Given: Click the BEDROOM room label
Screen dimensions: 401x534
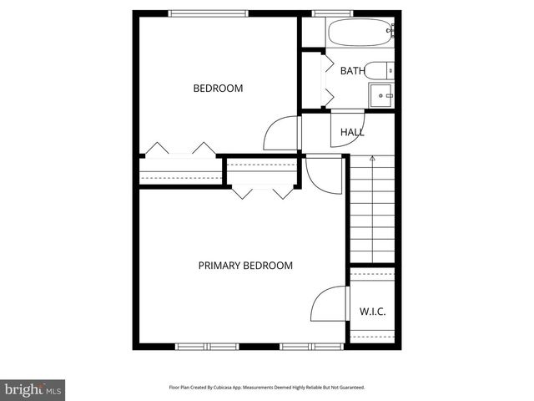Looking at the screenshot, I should tap(218, 89).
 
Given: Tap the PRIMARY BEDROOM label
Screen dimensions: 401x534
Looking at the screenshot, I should tap(245, 266).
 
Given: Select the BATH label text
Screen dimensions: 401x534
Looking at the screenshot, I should tap(351, 71).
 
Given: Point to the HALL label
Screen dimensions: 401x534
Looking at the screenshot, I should tap(352, 132).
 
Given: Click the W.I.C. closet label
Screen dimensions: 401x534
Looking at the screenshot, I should tap(372, 312).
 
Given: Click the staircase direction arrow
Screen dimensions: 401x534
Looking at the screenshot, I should tap(372, 158).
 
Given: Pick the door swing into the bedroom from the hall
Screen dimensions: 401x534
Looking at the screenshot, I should tap(281, 134).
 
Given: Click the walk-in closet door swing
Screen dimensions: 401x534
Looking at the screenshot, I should tap(330, 305).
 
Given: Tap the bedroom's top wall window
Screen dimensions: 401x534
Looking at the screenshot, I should tap(208, 13).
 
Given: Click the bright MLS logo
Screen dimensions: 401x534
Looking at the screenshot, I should tap(33, 389).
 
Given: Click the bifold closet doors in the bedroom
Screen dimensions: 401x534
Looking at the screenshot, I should tap(179, 150).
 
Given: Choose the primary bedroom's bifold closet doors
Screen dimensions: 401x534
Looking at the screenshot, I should tap(262, 192).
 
